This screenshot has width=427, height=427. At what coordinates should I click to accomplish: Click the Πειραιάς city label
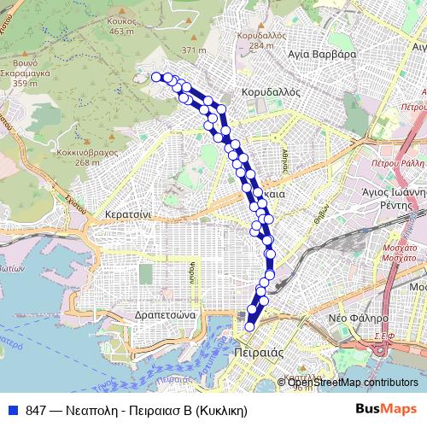click(254, 353)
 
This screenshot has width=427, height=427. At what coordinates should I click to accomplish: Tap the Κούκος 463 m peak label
click(123, 26)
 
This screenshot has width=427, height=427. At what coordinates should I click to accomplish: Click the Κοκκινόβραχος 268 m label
click(94, 156)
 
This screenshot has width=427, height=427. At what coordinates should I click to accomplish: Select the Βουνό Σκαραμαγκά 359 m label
click(30, 73)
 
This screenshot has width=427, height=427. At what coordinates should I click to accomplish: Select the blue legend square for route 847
click(13, 410)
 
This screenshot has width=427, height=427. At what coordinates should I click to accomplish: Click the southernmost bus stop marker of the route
click(250, 325)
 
